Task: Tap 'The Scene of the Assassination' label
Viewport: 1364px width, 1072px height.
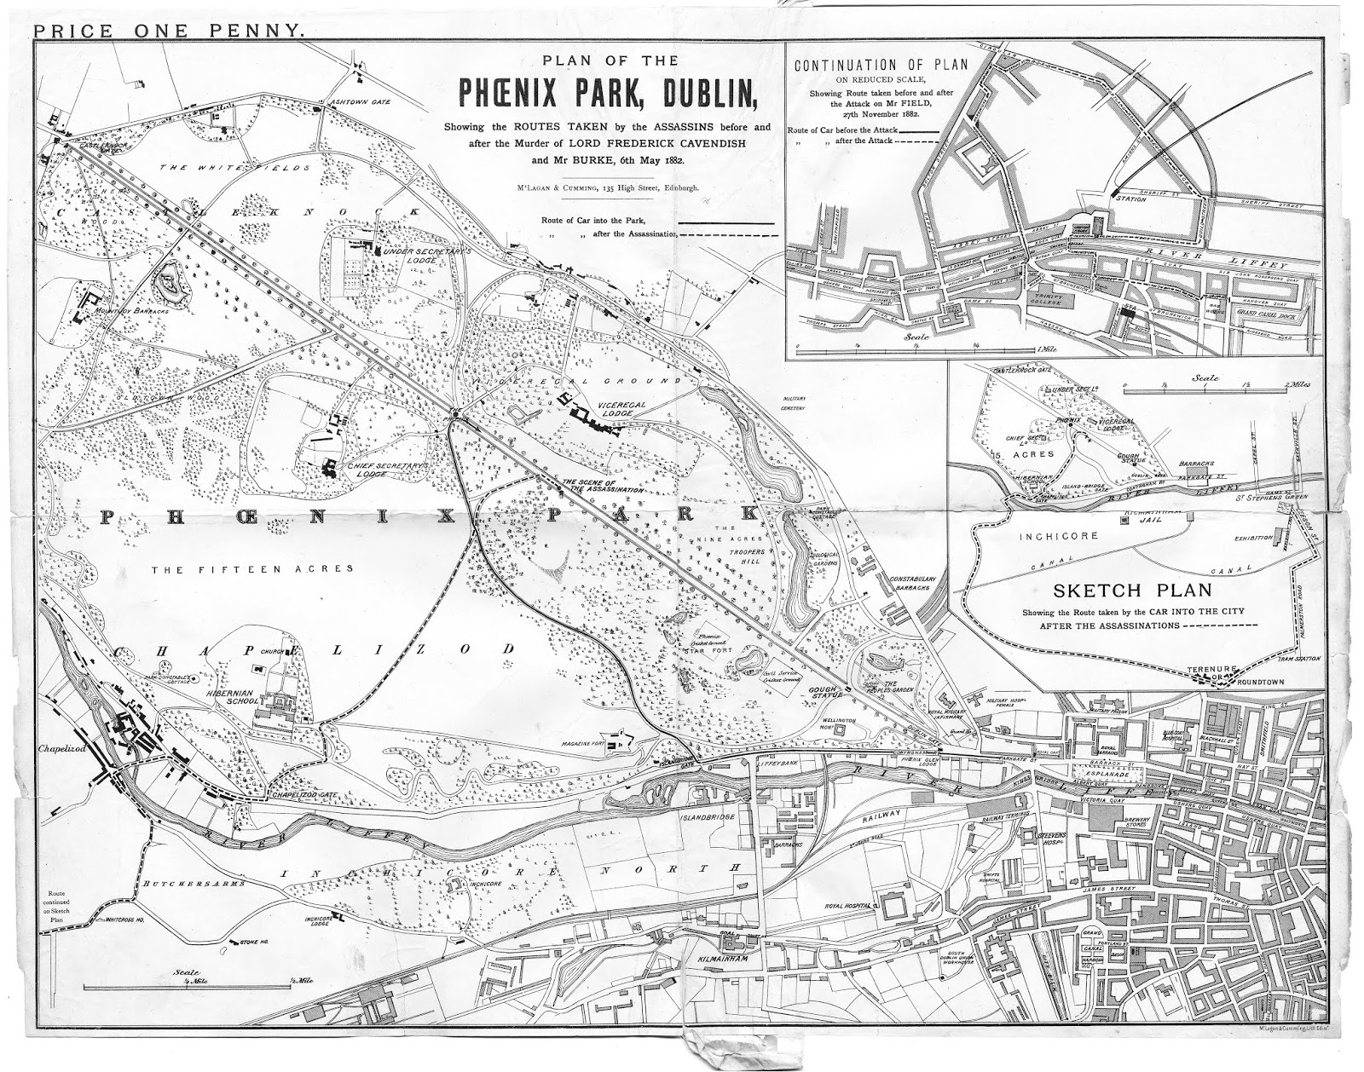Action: (601, 487)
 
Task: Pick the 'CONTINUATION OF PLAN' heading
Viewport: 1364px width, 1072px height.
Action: (865, 66)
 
